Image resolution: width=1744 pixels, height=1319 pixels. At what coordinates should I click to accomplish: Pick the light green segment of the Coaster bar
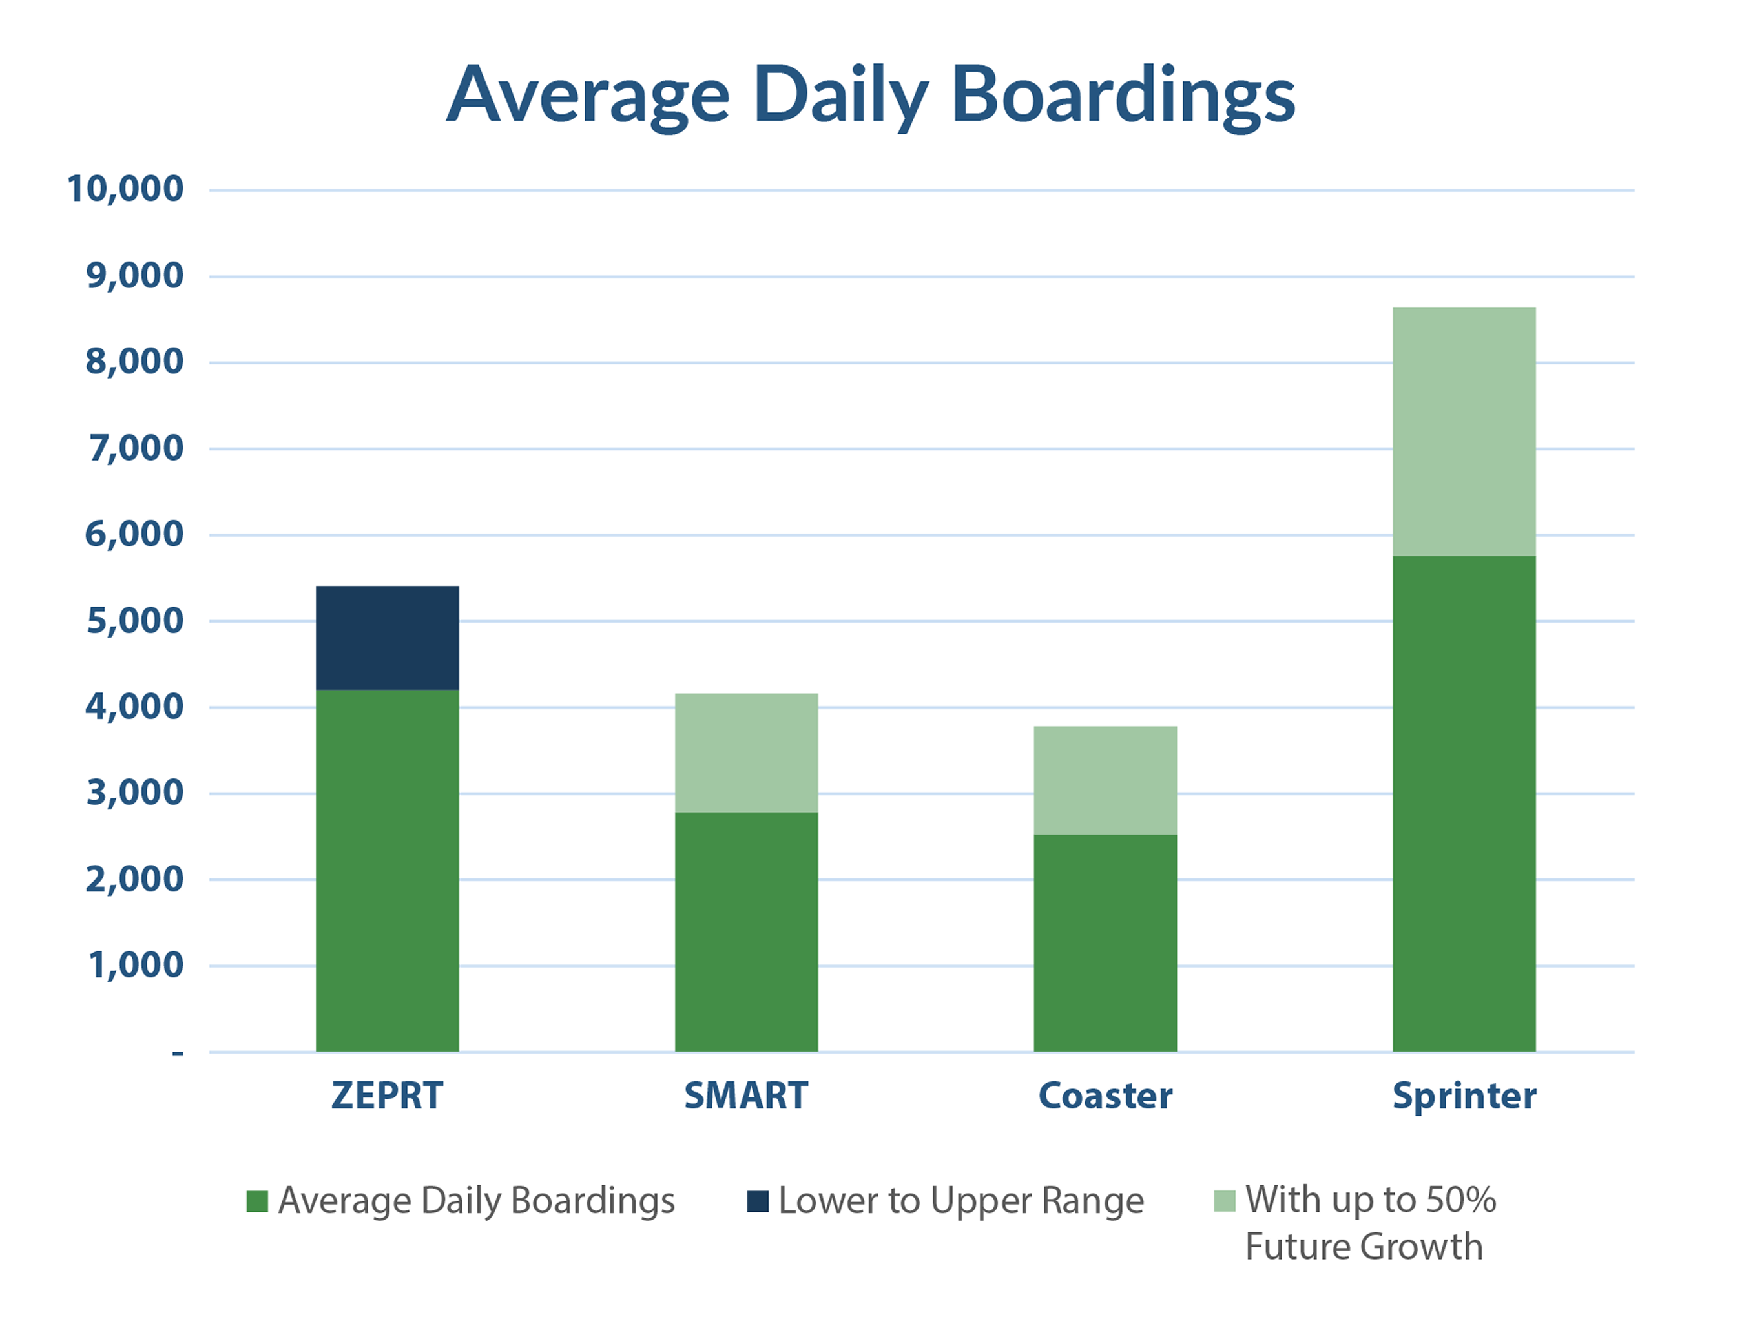1105,780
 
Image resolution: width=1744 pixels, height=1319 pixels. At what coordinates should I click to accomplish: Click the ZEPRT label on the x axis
387,1096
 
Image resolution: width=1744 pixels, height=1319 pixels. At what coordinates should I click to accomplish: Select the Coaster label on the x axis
1105,1096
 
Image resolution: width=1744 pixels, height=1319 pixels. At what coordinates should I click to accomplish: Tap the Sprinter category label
1464,1097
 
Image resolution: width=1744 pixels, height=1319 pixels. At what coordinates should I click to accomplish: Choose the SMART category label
746,1096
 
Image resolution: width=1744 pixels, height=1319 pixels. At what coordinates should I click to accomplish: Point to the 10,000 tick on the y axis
125,189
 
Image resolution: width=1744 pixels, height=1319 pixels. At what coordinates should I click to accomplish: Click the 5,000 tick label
134,621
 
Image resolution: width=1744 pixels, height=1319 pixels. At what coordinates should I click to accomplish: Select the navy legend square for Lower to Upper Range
758,1201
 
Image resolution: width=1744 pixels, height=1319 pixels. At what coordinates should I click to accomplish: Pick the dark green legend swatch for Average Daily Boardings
257,1201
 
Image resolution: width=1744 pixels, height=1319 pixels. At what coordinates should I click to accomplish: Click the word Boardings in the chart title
1123,96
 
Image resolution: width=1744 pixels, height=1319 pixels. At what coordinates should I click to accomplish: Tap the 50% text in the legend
1460,1200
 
